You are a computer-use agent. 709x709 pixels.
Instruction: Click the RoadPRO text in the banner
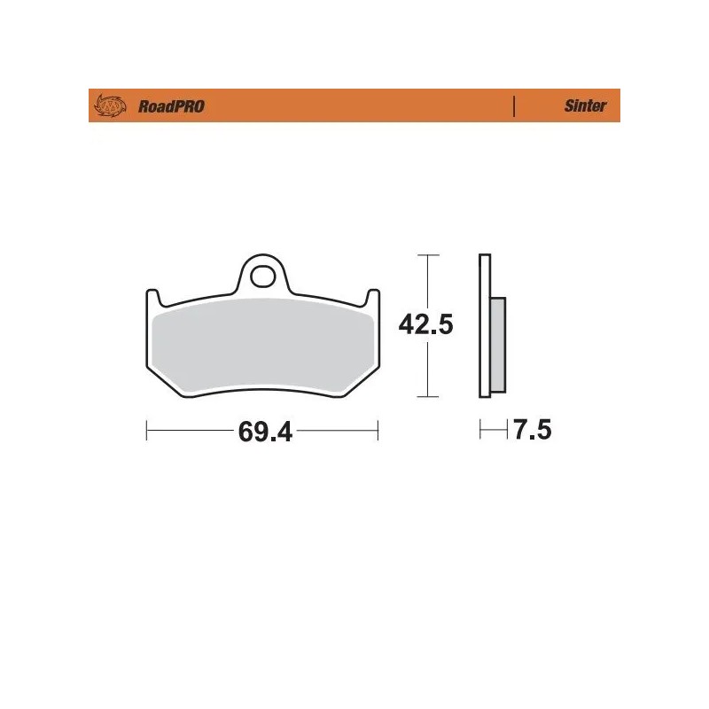pyautogui.click(x=171, y=106)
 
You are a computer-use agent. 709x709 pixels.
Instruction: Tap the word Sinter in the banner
pyautogui.click(x=586, y=106)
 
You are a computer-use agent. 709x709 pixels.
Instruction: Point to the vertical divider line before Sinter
pyautogui.click(x=514, y=106)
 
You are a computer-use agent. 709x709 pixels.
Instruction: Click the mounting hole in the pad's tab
pyautogui.click(x=262, y=277)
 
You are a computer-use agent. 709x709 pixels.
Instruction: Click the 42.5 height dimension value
pyautogui.click(x=426, y=325)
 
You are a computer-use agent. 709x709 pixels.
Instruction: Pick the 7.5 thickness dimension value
pyautogui.click(x=532, y=432)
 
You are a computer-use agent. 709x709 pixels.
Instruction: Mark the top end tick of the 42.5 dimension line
pyautogui.click(x=428, y=255)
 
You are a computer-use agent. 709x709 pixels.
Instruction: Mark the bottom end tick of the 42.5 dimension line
pyautogui.click(x=428, y=397)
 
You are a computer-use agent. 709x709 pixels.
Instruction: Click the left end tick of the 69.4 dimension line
pyautogui.click(x=146, y=432)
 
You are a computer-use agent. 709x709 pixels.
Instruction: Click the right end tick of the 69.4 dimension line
pyautogui.click(x=378, y=432)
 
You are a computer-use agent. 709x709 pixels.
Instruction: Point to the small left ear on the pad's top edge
pyautogui.click(x=152, y=295)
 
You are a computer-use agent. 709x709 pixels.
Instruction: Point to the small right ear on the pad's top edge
pyautogui.click(x=373, y=295)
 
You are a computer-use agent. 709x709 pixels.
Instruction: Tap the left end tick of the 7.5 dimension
pyautogui.click(x=480, y=432)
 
